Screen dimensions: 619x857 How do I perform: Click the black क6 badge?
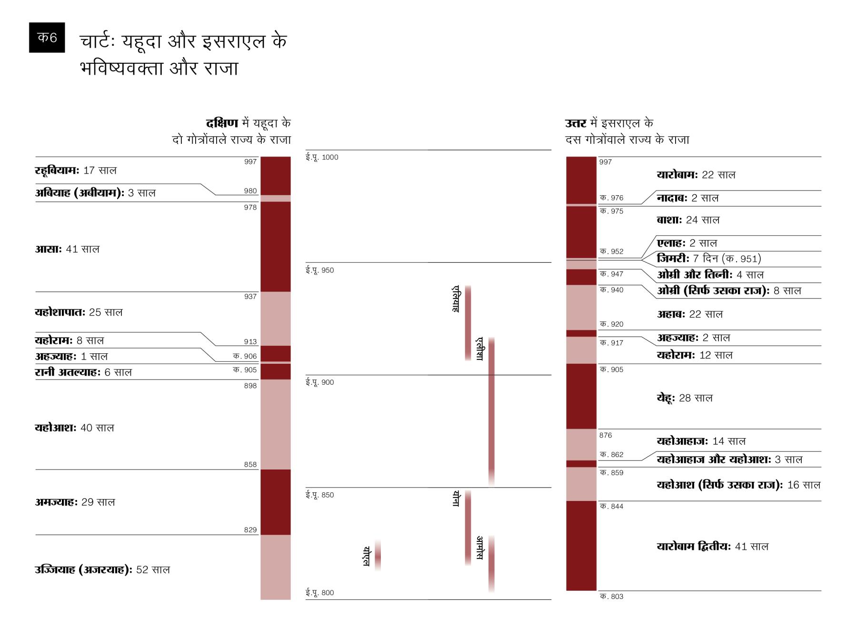tap(47, 37)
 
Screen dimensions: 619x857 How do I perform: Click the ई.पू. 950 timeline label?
tap(319, 270)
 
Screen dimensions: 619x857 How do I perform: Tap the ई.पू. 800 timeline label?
tap(319, 593)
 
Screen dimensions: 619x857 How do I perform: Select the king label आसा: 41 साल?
tap(67, 249)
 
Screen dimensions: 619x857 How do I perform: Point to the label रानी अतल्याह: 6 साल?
tap(83, 372)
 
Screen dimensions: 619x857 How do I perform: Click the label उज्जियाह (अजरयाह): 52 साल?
tap(102, 569)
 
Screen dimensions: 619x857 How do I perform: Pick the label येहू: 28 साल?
tap(684, 398)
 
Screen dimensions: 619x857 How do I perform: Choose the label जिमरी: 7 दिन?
tap(708, 259)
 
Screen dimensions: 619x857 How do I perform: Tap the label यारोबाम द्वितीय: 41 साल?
tap(712, 547)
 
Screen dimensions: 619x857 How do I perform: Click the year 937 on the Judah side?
tap(250, 297)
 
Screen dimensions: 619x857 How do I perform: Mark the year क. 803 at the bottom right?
tap(611, 597)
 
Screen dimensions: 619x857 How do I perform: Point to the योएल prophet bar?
tap(378, 555)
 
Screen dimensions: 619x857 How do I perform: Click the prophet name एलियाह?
tap(456, 299)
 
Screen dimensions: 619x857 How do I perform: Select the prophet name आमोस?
tap(480, 548)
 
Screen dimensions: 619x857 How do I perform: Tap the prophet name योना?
tap(456, 499)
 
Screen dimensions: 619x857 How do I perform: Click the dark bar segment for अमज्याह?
tap(275, 502)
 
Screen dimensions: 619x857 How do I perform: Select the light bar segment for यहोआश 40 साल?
tap(275, 424)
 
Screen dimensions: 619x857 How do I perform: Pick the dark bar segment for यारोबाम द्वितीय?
tap(581, 546)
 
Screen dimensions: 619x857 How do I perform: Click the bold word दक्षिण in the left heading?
tap(222, 123)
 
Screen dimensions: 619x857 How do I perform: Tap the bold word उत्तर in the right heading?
tap(576, 123)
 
